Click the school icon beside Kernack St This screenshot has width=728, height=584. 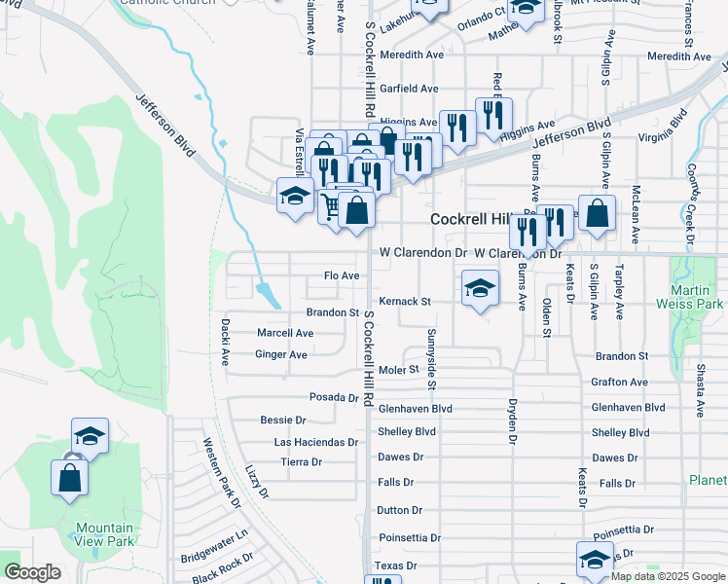(479, 288)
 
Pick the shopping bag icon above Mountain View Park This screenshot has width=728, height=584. (70, 478)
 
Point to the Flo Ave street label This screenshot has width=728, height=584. (342, 276)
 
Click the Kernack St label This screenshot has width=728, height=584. (405, 302)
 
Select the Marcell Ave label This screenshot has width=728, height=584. (285, 333)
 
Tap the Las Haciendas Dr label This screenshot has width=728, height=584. (316, 442)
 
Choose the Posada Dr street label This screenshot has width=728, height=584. (335, 397)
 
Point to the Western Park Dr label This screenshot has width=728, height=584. (222, 473)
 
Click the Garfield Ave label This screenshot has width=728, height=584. (410, 88)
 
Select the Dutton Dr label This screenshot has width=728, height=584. (399, 510)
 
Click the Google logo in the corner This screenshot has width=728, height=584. (32, 572)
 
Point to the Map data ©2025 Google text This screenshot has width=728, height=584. (667, 576)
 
